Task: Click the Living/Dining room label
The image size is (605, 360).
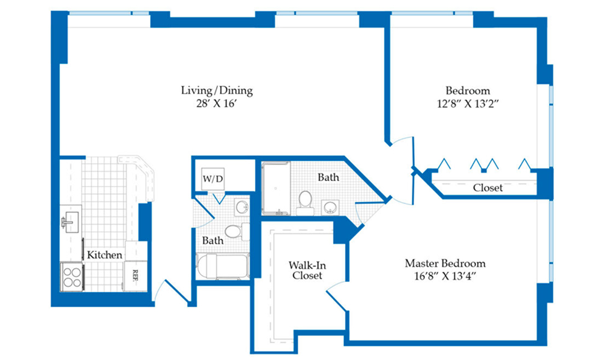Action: [217, 91]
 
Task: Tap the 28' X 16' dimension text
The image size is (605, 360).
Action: [215, 103]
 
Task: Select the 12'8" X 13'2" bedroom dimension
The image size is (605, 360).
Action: [468, 104]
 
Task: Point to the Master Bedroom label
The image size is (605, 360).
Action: [445, 263]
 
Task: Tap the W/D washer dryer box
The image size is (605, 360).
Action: [213, 179]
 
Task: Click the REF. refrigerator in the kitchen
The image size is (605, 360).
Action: [135, 276]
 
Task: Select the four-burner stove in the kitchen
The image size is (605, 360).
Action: [72, 277]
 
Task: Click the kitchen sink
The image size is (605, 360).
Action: [71, 222]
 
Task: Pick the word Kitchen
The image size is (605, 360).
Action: [104, 254]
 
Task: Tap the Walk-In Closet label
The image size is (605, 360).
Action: [307, 271]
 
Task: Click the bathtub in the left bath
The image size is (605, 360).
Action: [223, 266]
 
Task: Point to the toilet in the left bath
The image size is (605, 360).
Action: [235, 232]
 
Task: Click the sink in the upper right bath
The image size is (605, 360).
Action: [331, 207]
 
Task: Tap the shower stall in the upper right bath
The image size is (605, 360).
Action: [275, 188]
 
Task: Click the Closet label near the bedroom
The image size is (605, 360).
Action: [488, 188]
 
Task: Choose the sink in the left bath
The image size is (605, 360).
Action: [242, 207]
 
